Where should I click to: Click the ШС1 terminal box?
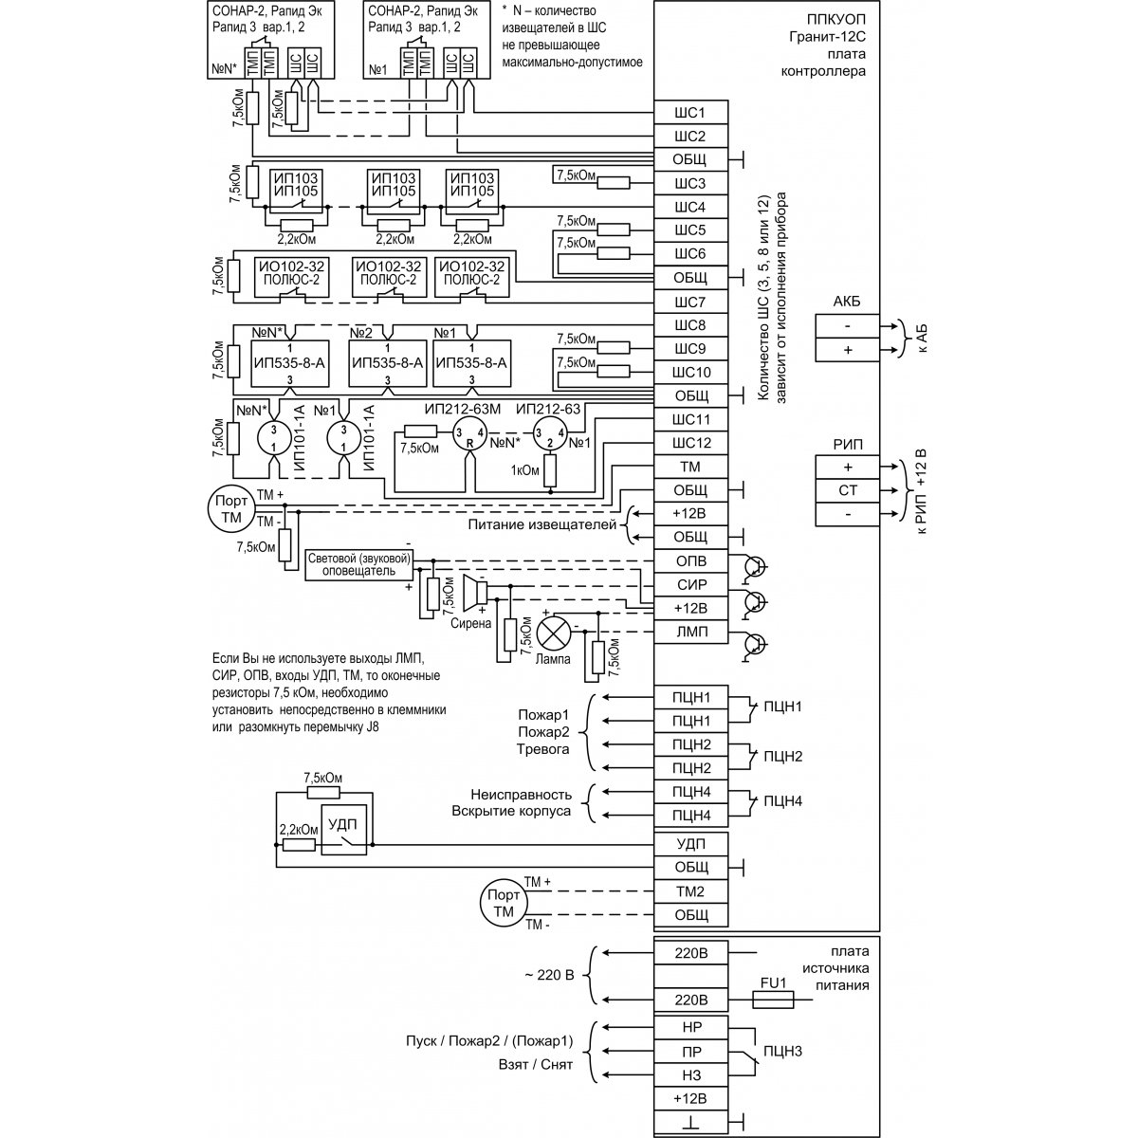click(689, 113)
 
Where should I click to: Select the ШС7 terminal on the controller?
click(689, 303)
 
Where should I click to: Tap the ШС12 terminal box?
click(689, 443)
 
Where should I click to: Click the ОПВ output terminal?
click(689, 560)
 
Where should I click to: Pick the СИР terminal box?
click(689, 584)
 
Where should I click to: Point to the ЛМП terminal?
click(689, 632)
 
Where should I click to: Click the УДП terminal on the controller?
click(689, 843)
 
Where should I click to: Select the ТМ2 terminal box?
click(689, 891)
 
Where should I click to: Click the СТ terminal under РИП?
click(847, 490)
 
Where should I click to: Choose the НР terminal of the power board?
click(689, 1027)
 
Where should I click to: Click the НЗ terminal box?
click(689, 1074)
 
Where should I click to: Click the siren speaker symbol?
click(475, 594)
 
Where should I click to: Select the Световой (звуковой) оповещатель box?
click(358, 565)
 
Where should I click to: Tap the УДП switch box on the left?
click(343, 830)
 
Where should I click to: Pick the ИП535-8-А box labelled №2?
click(387, 362)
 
